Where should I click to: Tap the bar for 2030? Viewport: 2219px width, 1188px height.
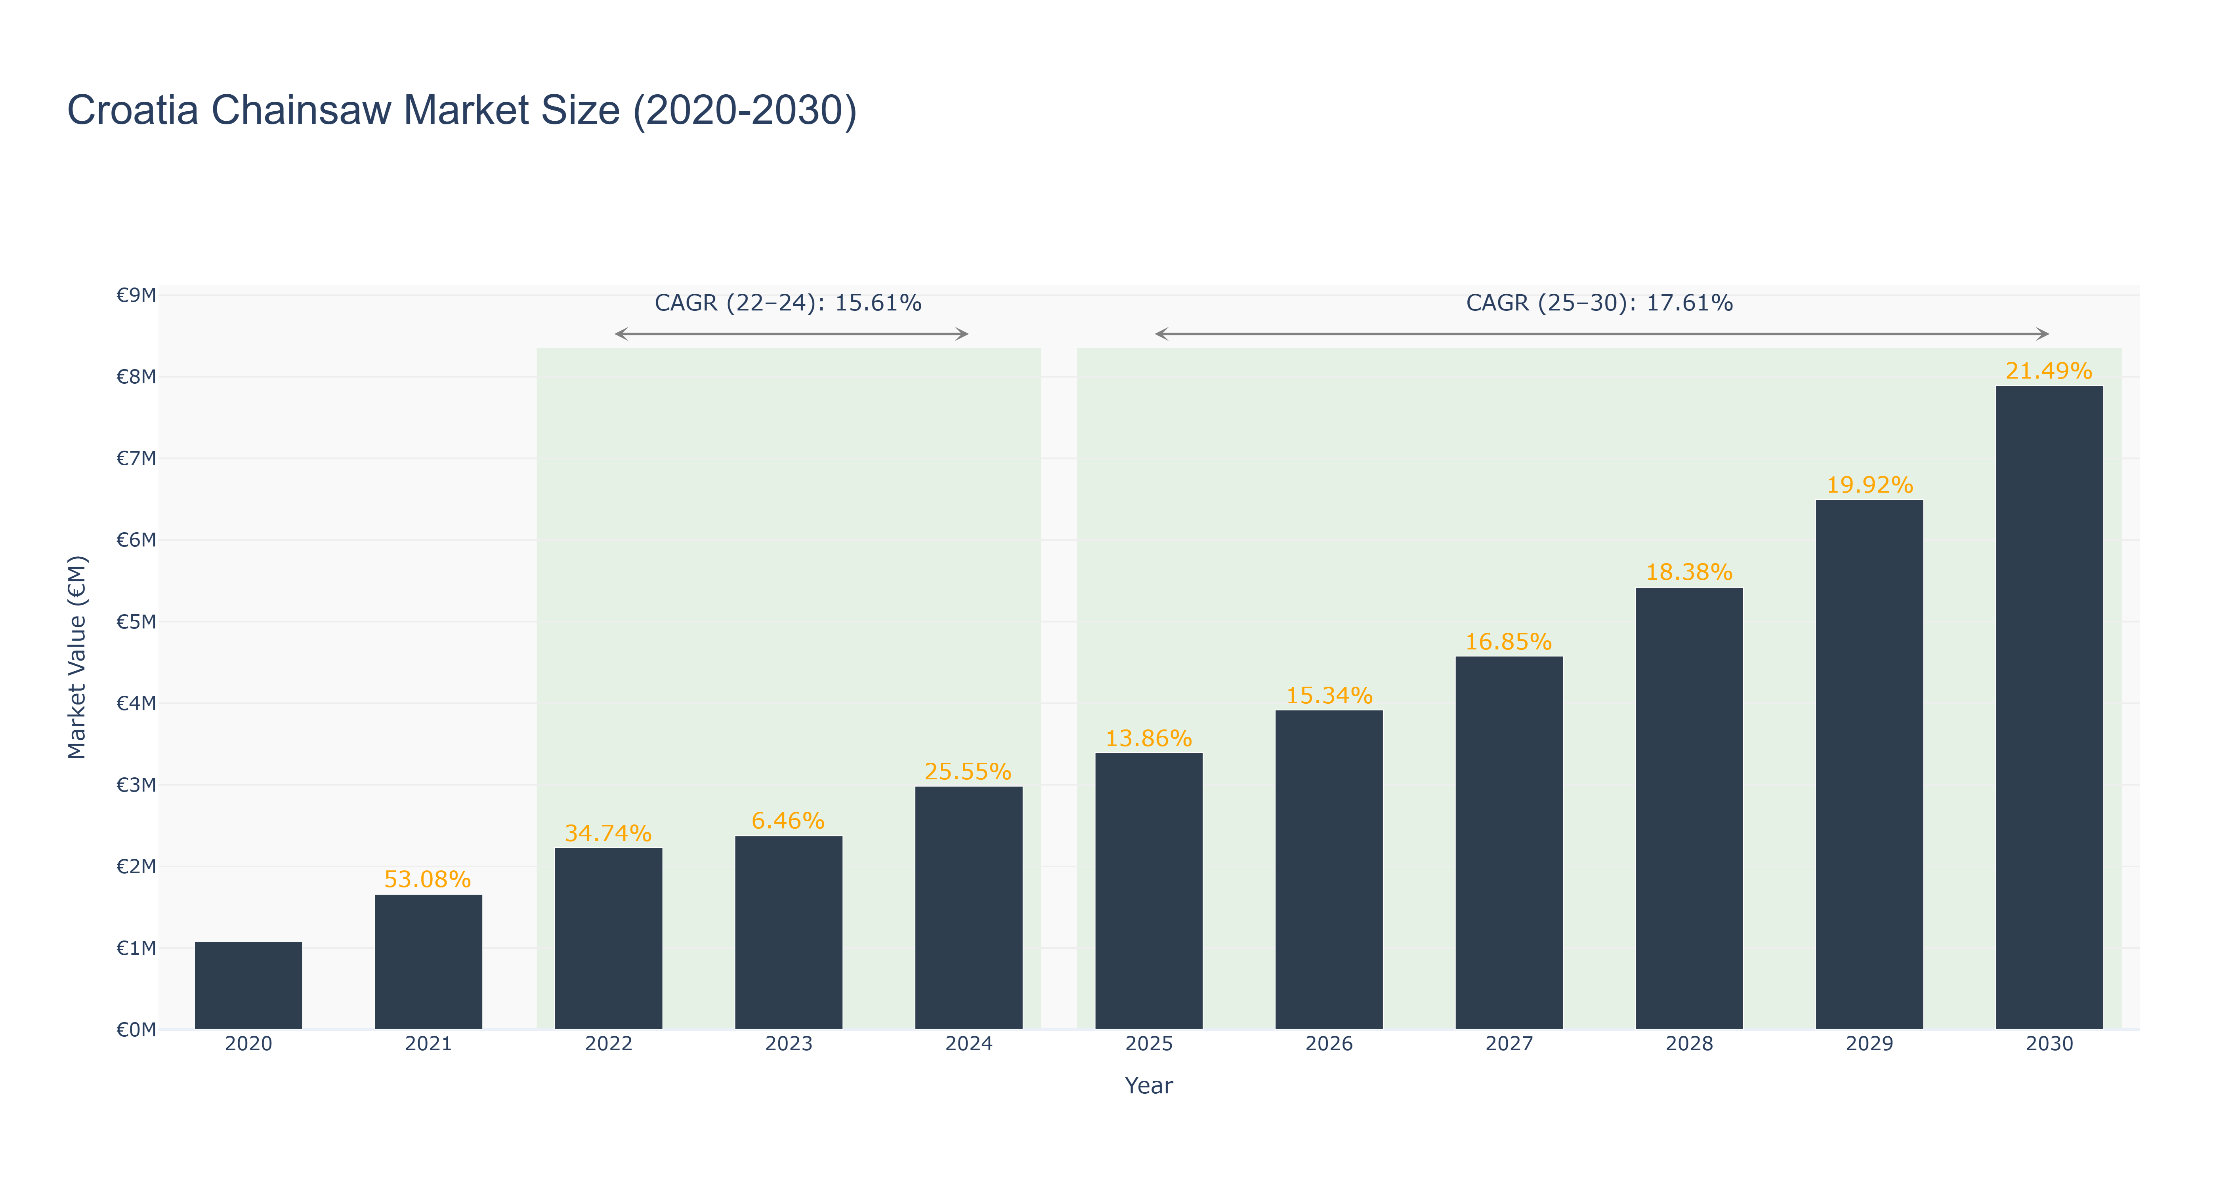click(2049, 708)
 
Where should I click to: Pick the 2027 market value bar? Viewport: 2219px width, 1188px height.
click(1509, 843)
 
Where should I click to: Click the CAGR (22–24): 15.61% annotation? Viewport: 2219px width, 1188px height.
click(788, 303)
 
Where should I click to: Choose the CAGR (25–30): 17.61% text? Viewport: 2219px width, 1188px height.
click(1600, 303)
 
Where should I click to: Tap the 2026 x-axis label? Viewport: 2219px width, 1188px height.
click(1329, 1044)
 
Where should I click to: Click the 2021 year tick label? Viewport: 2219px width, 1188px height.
click(428, 1044)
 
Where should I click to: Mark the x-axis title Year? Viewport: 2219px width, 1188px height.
click(1149, 1085)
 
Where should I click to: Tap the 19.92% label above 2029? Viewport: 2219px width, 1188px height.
click(1869, 485)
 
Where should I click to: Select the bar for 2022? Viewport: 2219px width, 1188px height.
click(609, 939)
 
